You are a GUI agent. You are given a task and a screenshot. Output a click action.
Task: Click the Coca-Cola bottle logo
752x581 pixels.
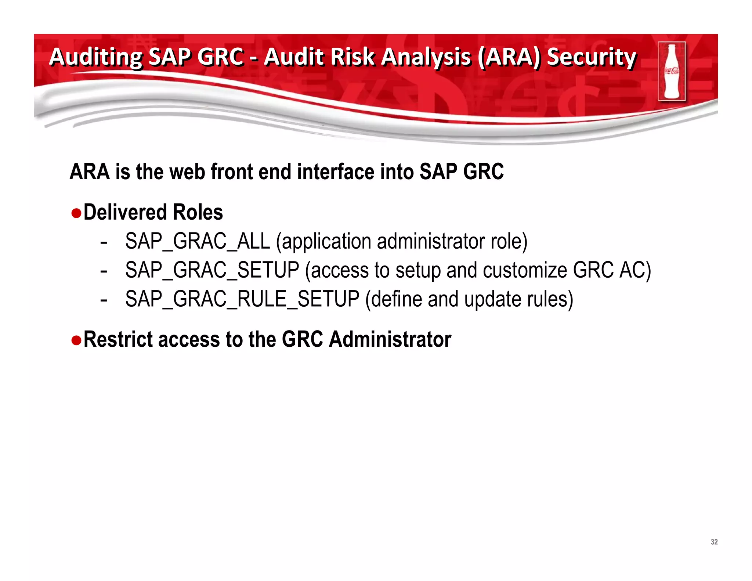click(x=672, y=71)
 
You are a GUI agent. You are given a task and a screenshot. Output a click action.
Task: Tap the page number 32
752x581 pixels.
click(x=714, y=542)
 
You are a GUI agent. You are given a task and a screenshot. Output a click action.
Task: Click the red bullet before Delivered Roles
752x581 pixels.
click(x=76, y=213)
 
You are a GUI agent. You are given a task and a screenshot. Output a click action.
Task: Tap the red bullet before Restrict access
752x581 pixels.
click(x=76, y=340)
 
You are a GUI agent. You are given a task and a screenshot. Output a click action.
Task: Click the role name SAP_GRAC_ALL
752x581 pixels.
click(x=198, y=242)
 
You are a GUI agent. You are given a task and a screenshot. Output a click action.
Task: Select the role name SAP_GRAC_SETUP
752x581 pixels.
click(x=212, y=270)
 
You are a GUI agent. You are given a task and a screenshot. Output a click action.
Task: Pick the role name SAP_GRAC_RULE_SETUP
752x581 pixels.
click(x=242, y=299)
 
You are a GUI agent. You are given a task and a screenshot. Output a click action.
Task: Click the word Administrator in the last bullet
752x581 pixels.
click(x=390, y=339)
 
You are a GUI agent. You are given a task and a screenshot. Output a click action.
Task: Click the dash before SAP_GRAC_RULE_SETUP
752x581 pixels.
click(x=104, y=300)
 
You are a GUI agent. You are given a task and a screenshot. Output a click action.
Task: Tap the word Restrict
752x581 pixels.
click(x=118, y=339)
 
